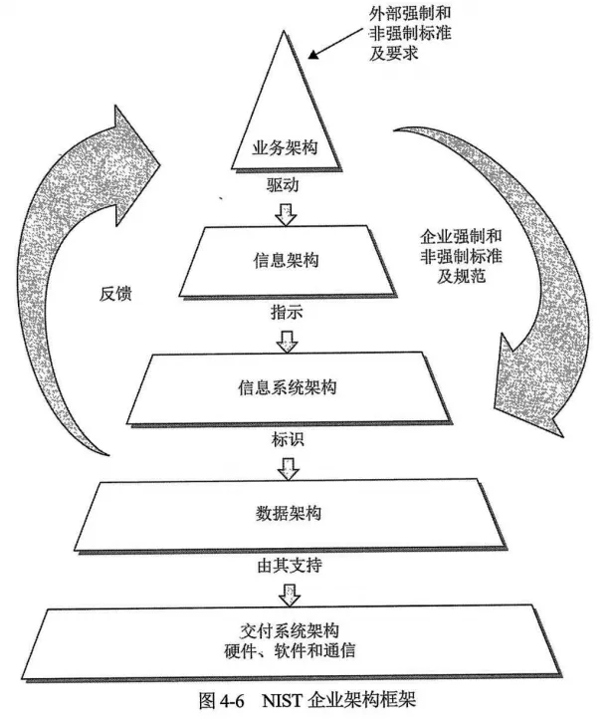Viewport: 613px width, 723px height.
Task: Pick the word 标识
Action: click(287, 438)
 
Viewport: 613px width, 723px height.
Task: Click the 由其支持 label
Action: click(288, 565)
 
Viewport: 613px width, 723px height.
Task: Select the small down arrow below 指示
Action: click(287, 340)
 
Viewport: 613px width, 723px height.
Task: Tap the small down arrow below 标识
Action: click(288, 465)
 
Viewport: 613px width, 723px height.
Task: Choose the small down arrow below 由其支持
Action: click(289, 593)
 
